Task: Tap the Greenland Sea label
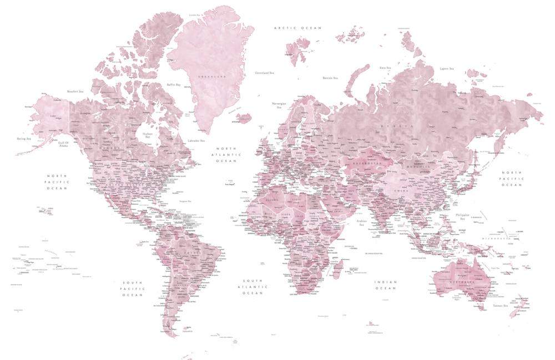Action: click(264, 73)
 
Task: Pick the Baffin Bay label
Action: click(174, 85)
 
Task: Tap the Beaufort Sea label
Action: click(75, 92)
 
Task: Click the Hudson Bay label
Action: click(147, 135)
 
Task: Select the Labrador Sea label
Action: click(196, 141)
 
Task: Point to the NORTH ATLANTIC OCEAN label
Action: click(226, 155)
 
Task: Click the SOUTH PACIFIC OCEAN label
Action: click(133, 288)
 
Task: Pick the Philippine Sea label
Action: click(462, 216)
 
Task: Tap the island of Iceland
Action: click(244, 118)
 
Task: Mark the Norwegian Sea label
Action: click(279, 105)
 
